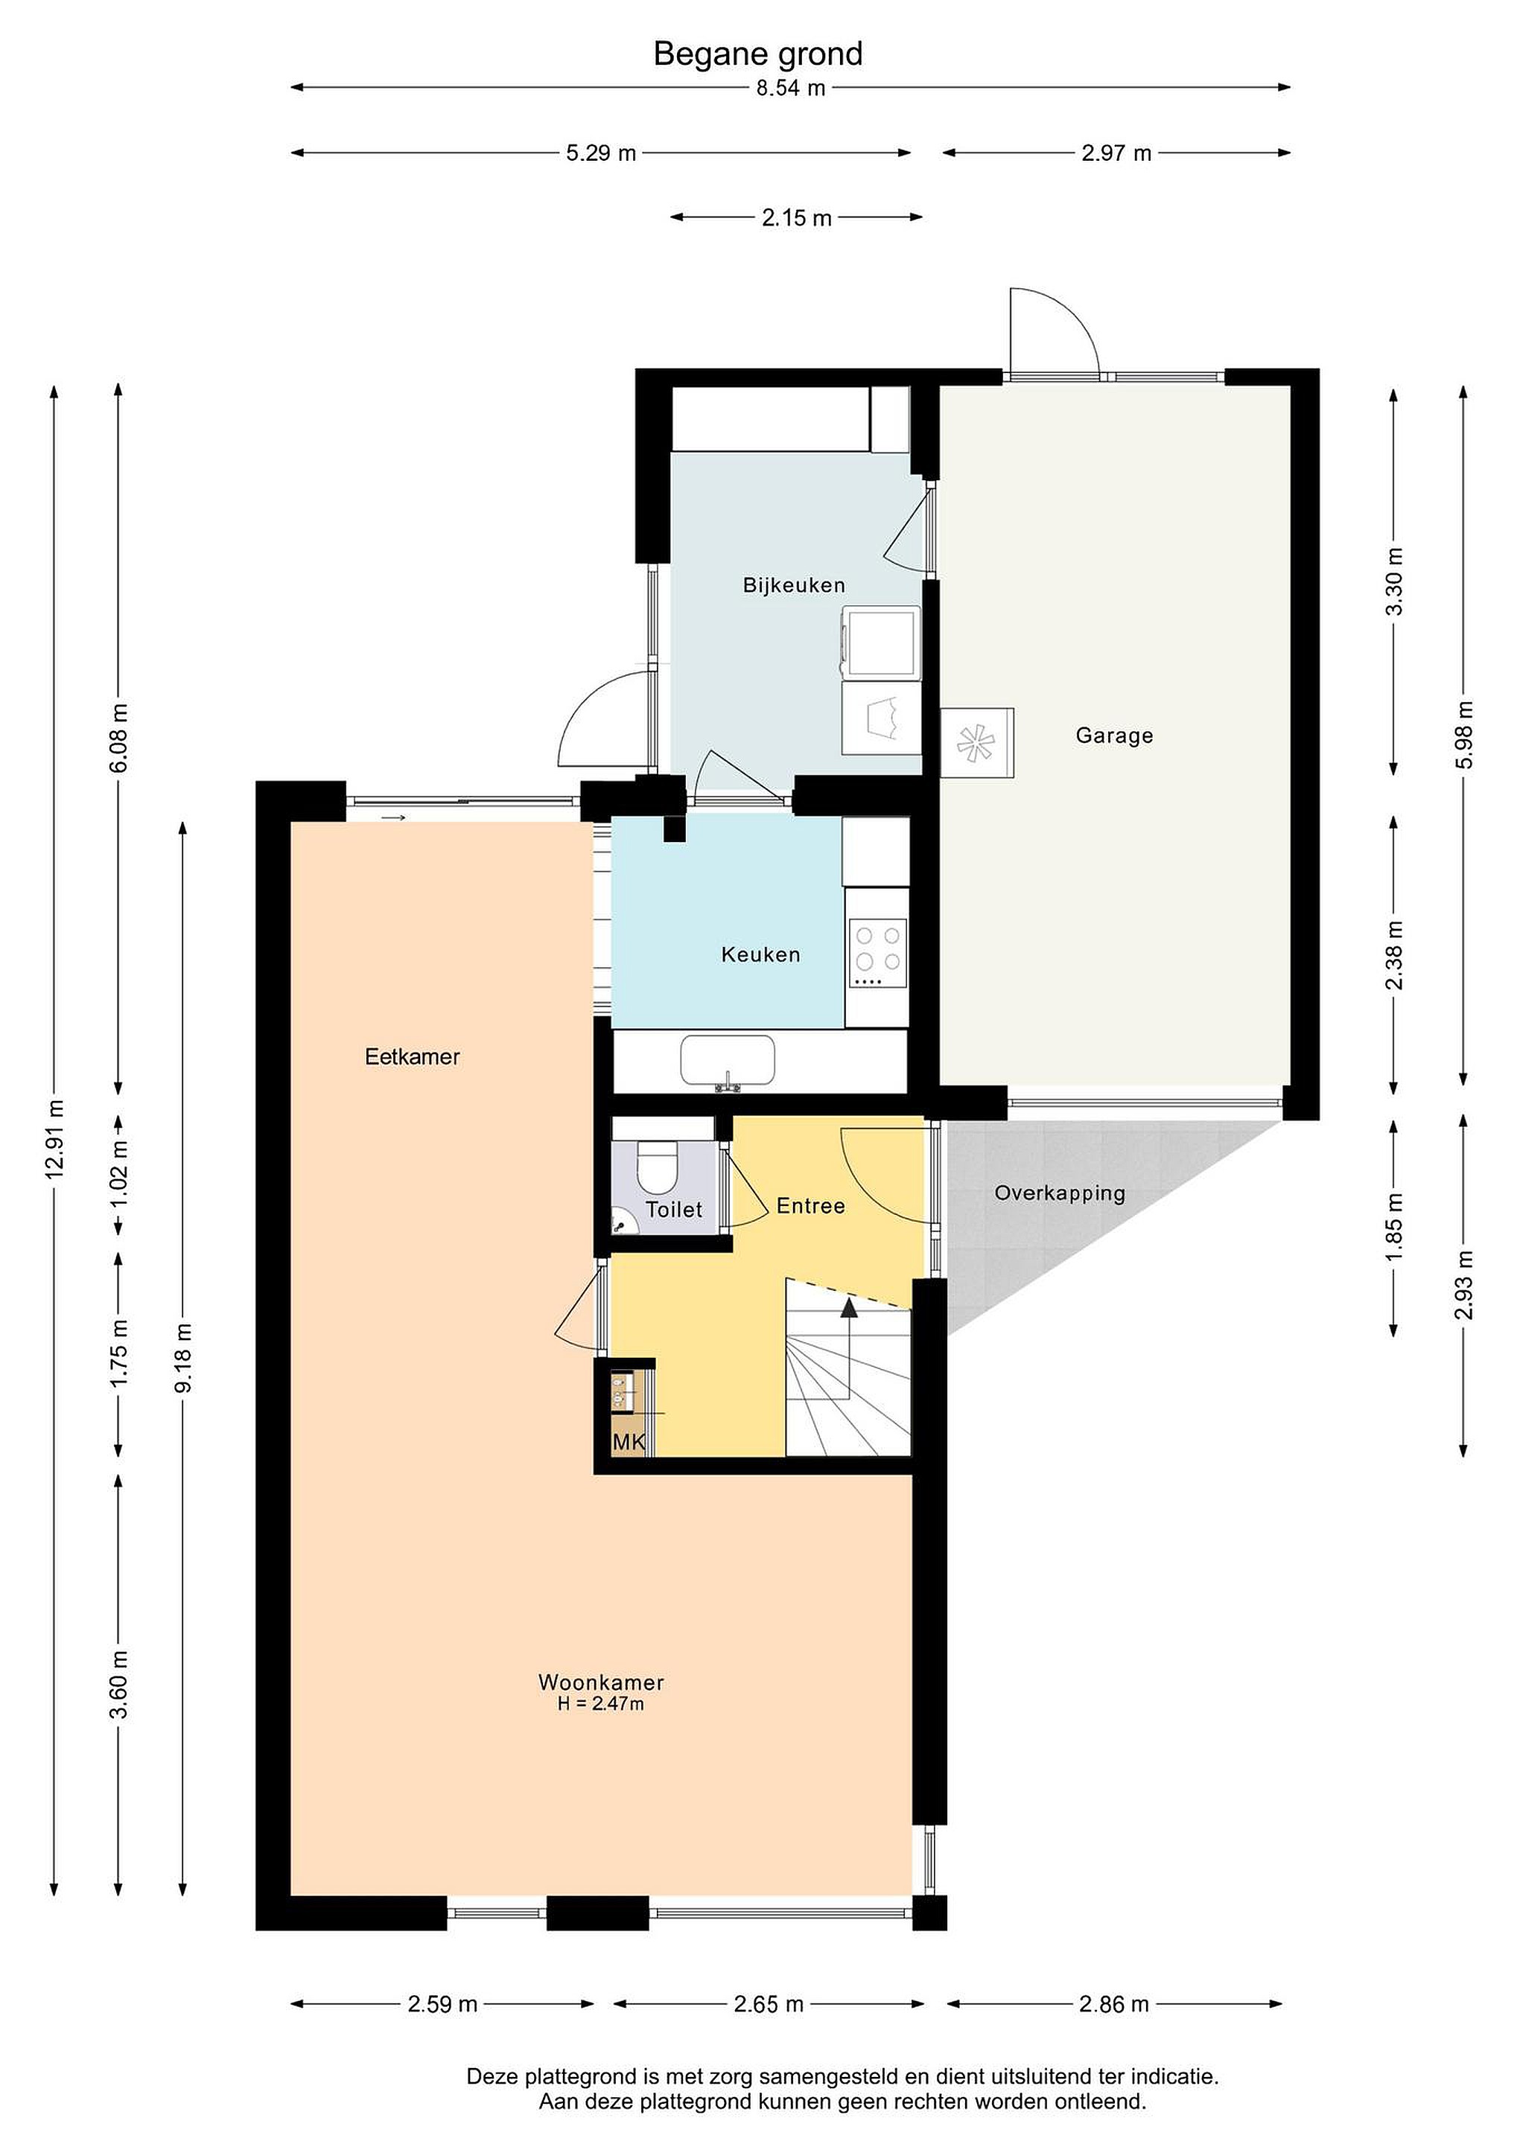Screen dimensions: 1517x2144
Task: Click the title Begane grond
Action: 757,54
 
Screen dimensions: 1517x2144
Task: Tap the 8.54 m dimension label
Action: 790,89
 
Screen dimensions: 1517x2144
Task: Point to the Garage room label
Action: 1114,736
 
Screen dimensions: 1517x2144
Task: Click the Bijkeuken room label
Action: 794,585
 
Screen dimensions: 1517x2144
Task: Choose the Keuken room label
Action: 760,954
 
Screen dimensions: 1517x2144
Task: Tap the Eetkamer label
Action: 412,1057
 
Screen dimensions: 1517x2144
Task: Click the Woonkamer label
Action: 601,1682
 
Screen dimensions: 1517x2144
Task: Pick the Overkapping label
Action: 1059,1193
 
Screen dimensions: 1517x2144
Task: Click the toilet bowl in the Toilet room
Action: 657,1167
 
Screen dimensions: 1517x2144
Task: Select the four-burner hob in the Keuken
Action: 877,954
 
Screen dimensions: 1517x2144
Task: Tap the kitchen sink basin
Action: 728,1061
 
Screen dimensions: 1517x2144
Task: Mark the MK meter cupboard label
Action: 629,1443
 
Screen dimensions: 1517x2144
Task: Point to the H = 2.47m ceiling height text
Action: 601,1704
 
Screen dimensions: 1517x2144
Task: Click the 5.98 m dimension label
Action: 1465,735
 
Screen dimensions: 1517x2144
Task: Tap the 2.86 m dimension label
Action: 1113,2004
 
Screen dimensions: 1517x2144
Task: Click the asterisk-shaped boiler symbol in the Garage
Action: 976,743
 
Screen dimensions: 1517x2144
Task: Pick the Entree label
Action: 811,1207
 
